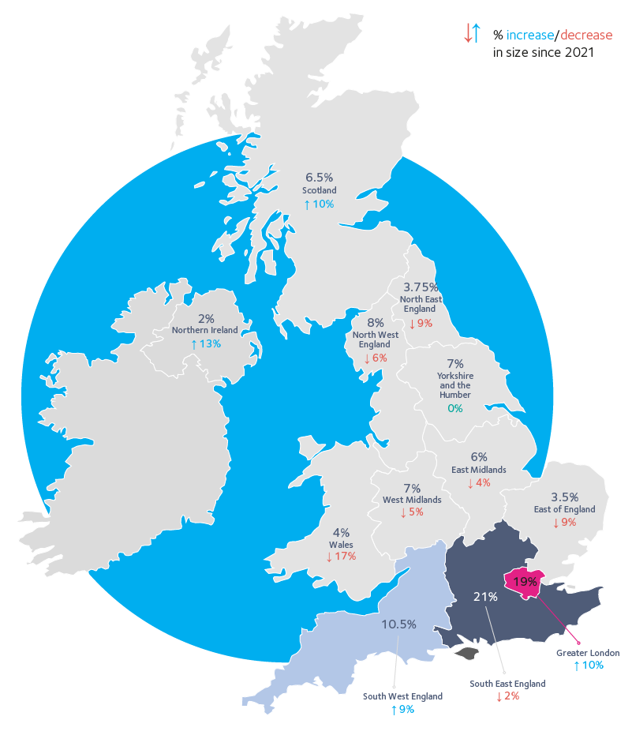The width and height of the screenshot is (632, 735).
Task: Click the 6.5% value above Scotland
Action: click(x=320, y=178)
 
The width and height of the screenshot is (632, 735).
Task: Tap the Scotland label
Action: click(x=320, y=190)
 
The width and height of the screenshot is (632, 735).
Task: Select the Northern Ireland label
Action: click(x=205, y=331)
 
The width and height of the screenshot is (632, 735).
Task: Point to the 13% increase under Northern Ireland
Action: click(x=205, y=344)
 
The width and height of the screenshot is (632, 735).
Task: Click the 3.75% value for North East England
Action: click(x=421, y=287)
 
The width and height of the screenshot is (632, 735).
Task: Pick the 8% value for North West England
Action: click(x=375, y=322)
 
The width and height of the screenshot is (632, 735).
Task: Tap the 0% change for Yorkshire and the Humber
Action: click(x=454, y=409)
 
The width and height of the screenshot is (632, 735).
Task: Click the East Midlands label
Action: click(x=479, y=470)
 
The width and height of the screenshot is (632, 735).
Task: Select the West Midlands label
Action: click(x=412, y=500)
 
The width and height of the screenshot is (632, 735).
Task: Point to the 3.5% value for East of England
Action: click(x=564, y=497)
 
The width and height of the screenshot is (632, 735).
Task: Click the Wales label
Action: click(x=341, y=545)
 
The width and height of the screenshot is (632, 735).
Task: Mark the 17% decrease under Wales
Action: click(x=341, y=557)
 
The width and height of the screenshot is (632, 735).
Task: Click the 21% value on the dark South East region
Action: click(x=485, y=597)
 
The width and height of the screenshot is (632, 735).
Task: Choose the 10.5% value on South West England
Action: click(x=398, y=624)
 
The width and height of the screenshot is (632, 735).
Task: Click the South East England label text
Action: click(x=507, y=684)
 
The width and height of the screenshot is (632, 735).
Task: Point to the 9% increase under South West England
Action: click(x=402, y=710)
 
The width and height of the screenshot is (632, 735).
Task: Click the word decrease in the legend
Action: click(x=586, y=36)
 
